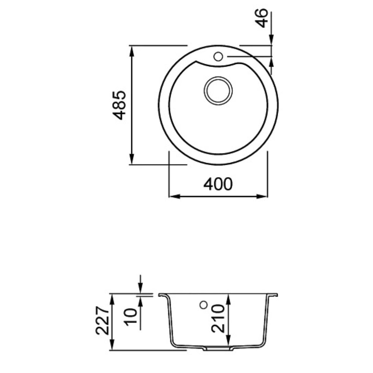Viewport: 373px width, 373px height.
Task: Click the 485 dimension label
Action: (119, 105)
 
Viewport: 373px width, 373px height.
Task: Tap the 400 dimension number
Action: (218, 184)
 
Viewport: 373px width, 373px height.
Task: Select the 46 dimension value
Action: (261, 18)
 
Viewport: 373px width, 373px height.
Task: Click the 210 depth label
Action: (218, 318)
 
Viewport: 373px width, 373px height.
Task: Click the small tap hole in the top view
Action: (218, 57)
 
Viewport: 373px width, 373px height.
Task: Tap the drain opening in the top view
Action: (218, 90)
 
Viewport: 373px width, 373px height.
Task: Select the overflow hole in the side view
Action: (203, 305)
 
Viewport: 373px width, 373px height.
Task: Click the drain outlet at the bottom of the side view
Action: (218, 348)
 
